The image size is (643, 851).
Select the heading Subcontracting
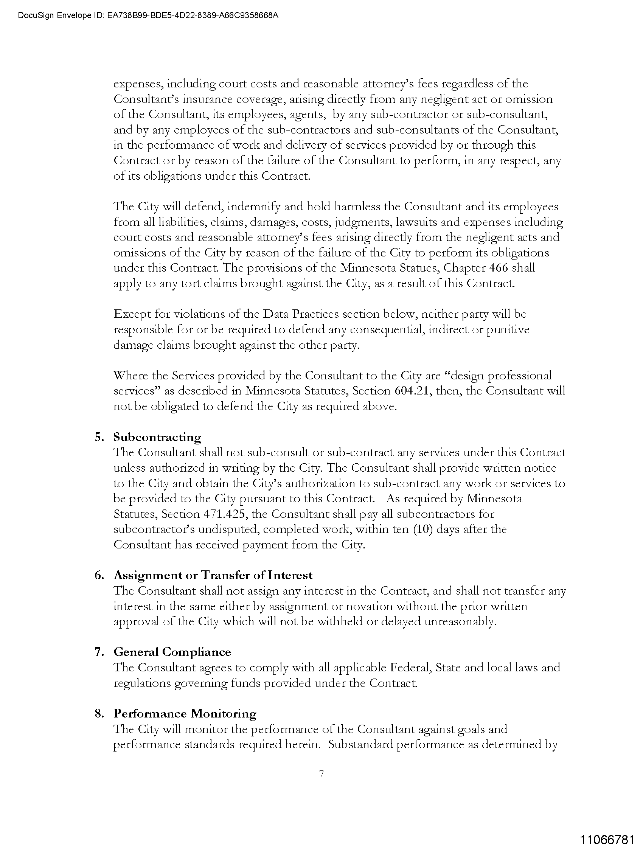pos(157,437)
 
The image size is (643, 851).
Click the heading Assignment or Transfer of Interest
pos(213,575)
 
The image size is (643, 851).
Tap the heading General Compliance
pos(172,652)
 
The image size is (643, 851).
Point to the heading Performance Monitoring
pos(185,713)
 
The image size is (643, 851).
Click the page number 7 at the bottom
pos(321,773)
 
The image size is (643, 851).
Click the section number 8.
pos(99,713)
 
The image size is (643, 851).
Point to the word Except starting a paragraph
pos(132,314)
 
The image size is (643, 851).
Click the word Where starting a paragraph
pos(131,376)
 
